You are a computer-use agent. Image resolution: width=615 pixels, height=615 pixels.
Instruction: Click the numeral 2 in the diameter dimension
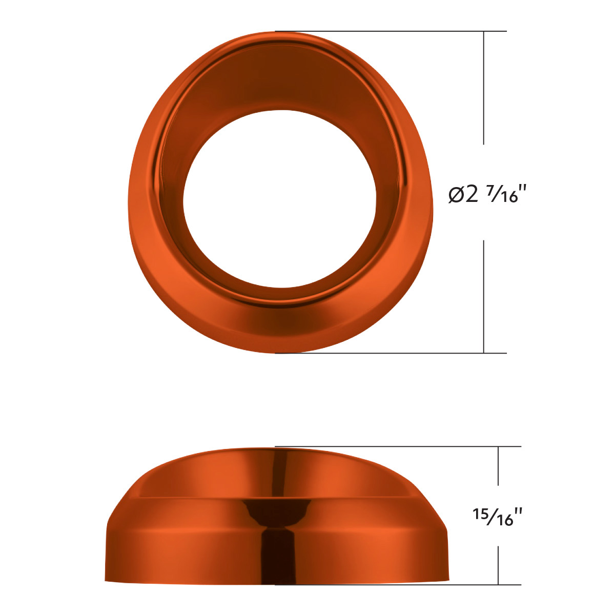pos(472,194)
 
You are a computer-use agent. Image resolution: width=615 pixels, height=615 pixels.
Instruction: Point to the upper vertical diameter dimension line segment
pos(484,87)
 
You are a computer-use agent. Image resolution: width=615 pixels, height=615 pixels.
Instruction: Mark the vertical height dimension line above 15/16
pos(498,465)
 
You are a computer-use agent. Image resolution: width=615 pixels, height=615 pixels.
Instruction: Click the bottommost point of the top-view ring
pos(277,352)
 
